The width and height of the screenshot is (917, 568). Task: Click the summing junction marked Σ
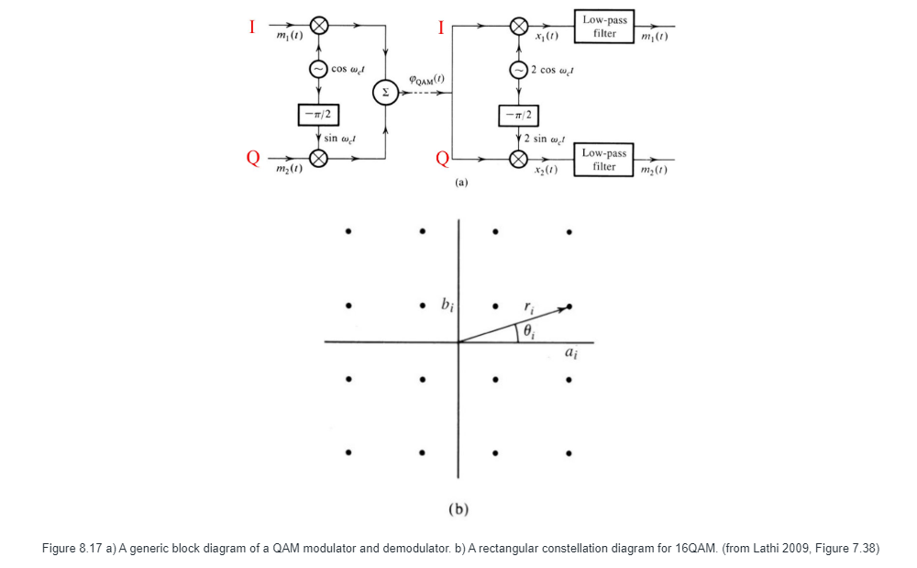tap(385, 92)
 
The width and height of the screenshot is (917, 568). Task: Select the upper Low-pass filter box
tap(604, 27)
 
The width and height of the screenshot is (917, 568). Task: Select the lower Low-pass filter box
tap(604, 160)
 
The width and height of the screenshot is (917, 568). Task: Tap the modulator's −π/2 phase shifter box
tap(318, 115)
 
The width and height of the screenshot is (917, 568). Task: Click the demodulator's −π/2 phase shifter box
tap(519, 115)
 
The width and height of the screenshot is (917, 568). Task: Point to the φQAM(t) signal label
tap(426, 80)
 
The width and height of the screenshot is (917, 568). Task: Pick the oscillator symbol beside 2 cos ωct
tap(519, 70)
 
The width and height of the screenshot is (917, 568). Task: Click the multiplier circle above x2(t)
tap(519, 158)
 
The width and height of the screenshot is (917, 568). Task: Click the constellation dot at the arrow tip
tap(569, 306)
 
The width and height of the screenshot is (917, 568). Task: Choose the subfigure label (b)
tap(458, 508)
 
